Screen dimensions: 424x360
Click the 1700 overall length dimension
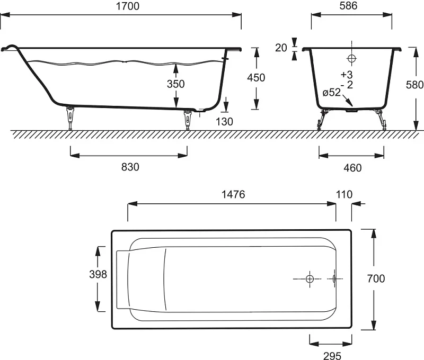[x=128, y=6]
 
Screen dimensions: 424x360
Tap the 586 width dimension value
[x=348, y=6]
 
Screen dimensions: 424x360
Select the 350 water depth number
[x=176, y=84]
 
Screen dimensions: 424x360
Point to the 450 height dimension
[x=256, y=78]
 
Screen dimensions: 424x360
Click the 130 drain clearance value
[x=224, y=122]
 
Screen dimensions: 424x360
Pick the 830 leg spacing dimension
[x=130, y=167]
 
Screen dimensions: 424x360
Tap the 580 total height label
[x=414, y=85]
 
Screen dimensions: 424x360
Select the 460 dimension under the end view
[x=352, y=168]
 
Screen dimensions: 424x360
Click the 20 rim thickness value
[x=281, y=48]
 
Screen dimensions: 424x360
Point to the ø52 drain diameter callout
[x=332, y=92]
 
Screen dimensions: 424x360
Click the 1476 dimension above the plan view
[x=233, y=194]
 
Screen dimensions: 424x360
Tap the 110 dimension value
[x=344, y=194]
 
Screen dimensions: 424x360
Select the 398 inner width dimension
[x=98, y=274]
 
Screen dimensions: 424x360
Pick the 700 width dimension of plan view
[x=376, y=278]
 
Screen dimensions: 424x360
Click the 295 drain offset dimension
[x=332, y=356]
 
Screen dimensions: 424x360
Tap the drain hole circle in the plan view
[x=310, y=278]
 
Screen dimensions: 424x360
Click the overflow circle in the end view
[x=351, y=58]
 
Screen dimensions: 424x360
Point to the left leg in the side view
[x=70, y=118]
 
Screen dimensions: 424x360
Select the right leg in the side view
[x=187, y=120]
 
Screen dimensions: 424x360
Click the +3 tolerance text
[x=347, y=74]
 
